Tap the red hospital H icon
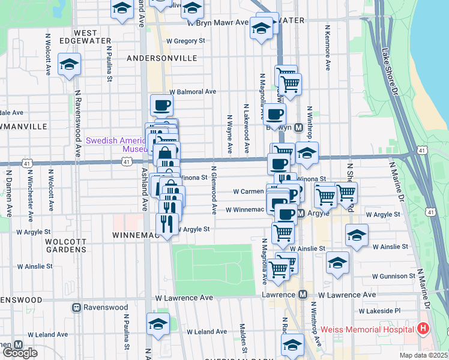click(423, 329)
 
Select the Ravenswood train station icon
click(77, 308)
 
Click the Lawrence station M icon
click(303, 295)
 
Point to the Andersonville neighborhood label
click(162, 58)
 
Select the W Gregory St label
click(186, 41)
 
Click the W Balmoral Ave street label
click(192, 92)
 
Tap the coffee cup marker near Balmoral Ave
click(161, 106)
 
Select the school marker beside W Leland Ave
click(158, 325)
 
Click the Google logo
click(20, 352)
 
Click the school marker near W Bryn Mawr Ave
click(261, 28)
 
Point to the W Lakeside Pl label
click(379, 311)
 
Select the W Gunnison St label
click(390, 276)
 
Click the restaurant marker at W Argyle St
click(166, 223)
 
